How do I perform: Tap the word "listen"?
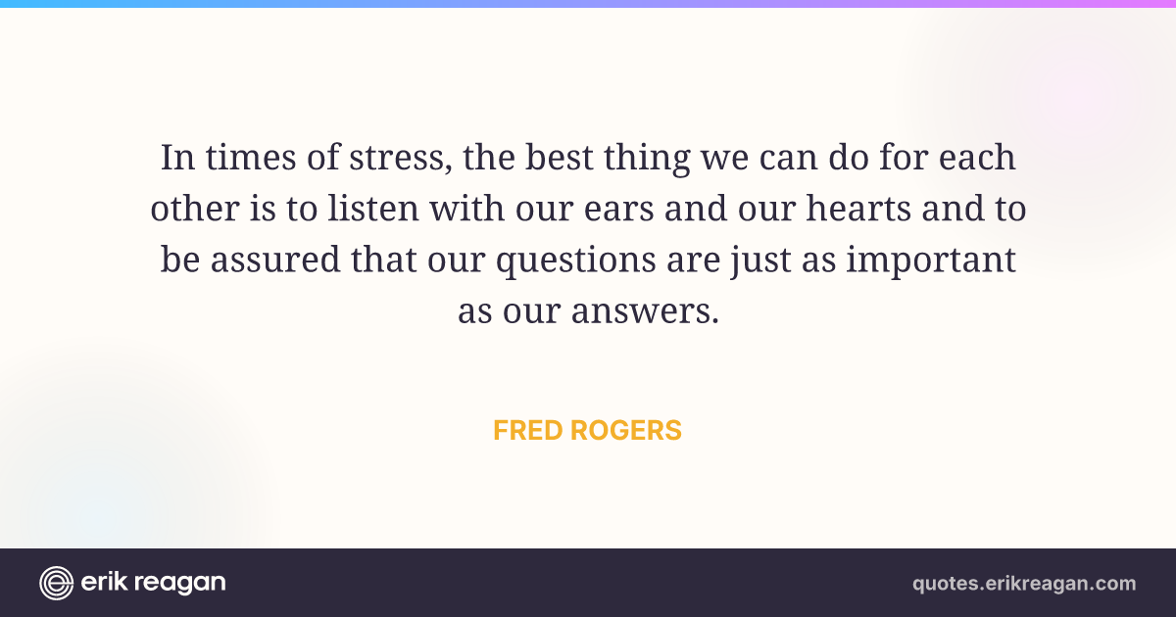click(373, 209)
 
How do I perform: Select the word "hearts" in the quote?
click(858, 209)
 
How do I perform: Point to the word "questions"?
click(576, 261)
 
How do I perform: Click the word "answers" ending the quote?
click(645, 311)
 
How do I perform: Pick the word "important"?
click(931, 261)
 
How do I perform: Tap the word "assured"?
click(275, 260)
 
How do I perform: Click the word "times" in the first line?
click(251, 158)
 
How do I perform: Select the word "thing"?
click(646, 159)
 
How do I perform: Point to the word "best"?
click(560, 157)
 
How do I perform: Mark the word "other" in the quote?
click(195, 209)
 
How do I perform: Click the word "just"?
click(760, 261)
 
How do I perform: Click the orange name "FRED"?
click(528, 430)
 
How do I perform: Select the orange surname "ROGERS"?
click(626, 430)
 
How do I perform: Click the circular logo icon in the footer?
click(56, 583)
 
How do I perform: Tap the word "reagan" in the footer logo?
click(180, 584)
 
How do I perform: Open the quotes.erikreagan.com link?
click(1024, 584)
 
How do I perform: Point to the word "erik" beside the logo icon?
click(104, 582)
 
